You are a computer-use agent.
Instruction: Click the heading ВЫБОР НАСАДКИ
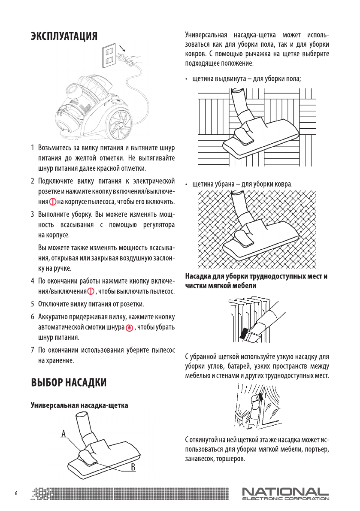pos(68,382)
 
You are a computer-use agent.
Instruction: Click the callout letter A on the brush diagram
pos(63,434)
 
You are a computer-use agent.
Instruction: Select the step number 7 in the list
pos(33,350)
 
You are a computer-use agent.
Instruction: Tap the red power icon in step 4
pos(91,292)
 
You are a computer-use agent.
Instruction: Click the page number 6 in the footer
pos(16,493)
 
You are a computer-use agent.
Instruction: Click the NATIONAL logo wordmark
pos(285,491)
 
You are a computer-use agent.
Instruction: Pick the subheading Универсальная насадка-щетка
pos(79,405)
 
